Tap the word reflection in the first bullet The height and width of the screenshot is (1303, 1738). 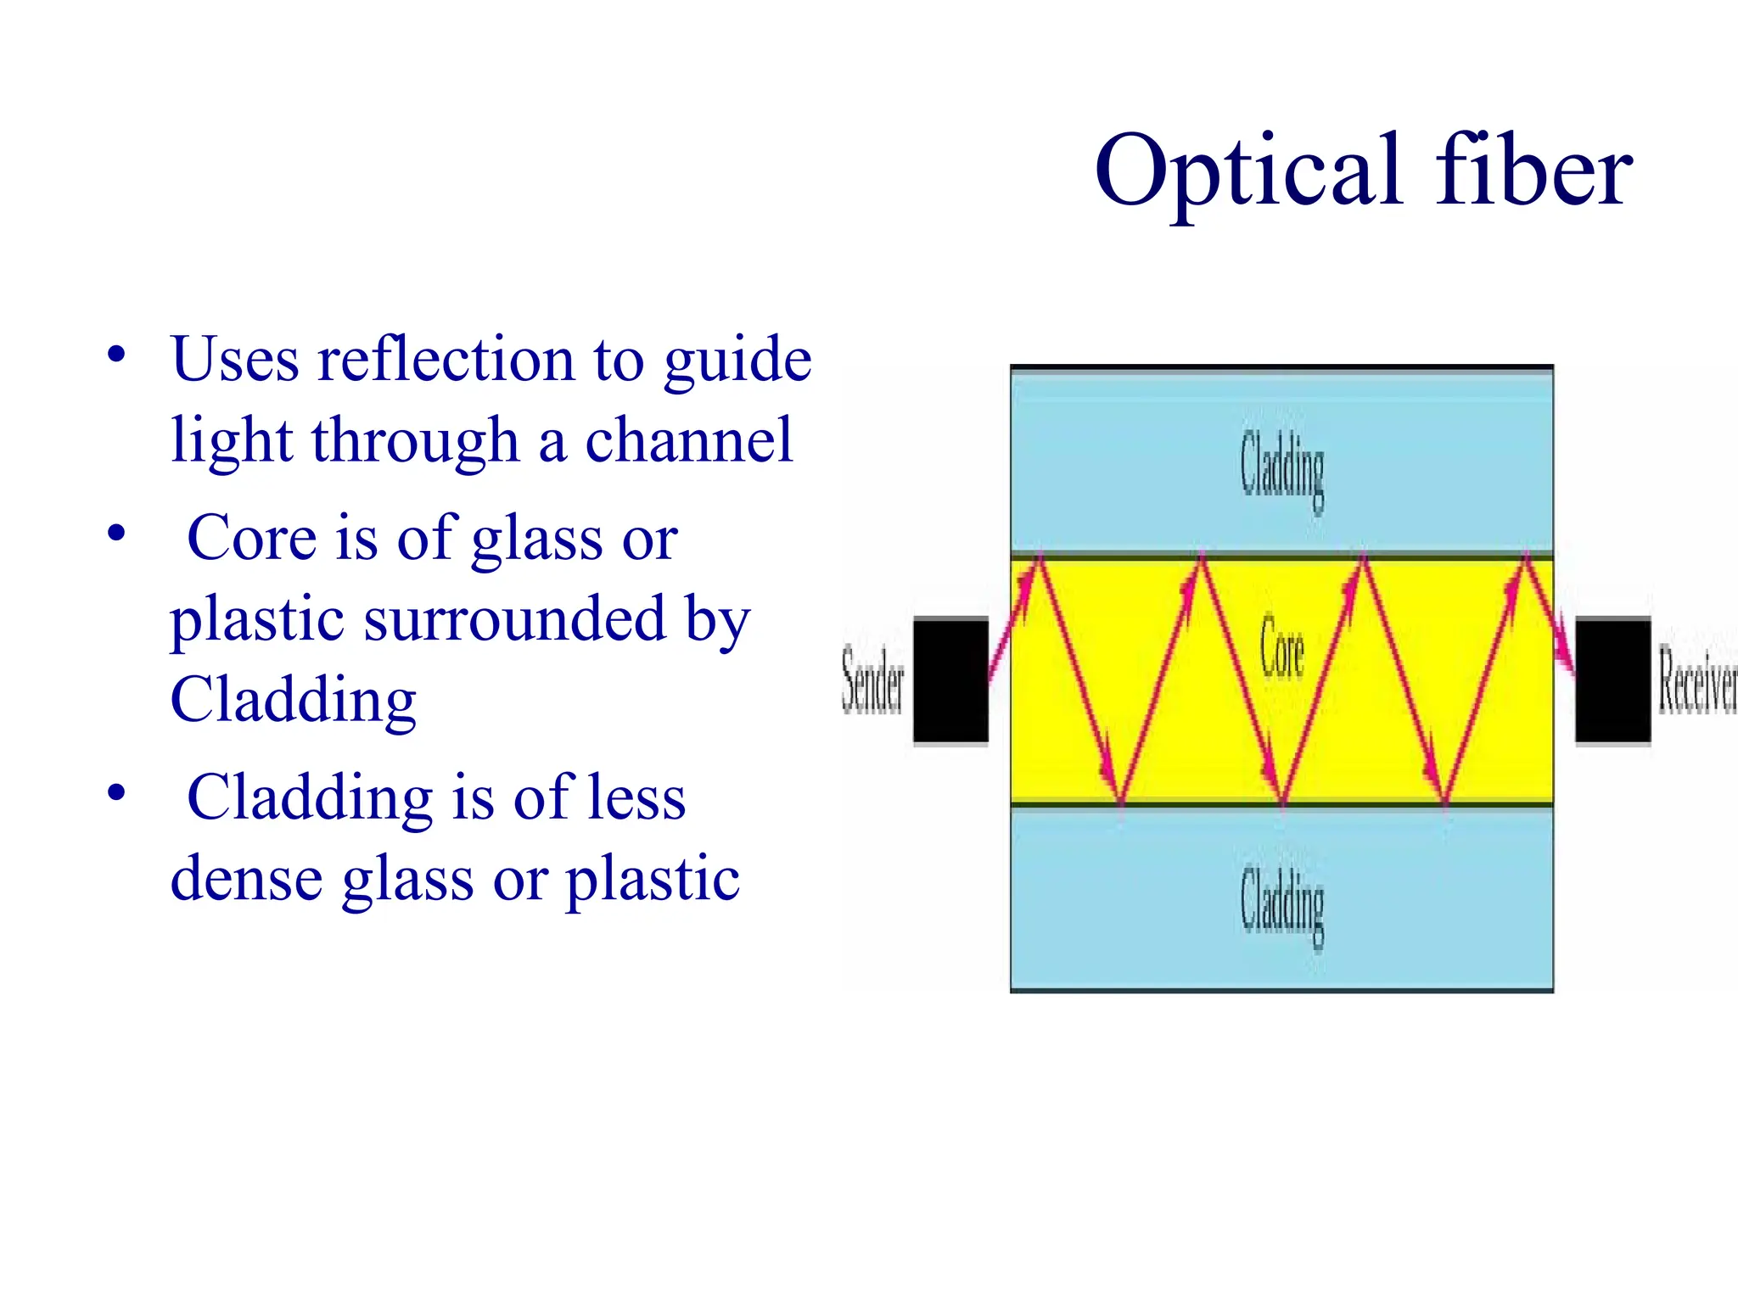(446, 360)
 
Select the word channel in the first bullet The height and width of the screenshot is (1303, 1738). (689, 440)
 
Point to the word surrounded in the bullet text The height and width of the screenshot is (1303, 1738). (515, 618)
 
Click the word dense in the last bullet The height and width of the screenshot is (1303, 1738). (246, 879)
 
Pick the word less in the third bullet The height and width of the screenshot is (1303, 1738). (636, 798)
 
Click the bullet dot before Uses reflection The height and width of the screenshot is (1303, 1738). (116, 354)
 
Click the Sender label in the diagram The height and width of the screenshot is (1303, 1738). (872, 679)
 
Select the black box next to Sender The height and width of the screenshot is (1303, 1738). (950, 681)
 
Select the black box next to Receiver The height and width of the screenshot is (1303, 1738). (1612, 681)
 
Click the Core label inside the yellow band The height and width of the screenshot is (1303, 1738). (1281, 649)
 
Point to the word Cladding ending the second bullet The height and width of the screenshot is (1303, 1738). (293, 701)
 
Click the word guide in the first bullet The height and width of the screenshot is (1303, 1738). (737, 360)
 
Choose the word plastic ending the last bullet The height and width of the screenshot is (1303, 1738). (653, 879)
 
